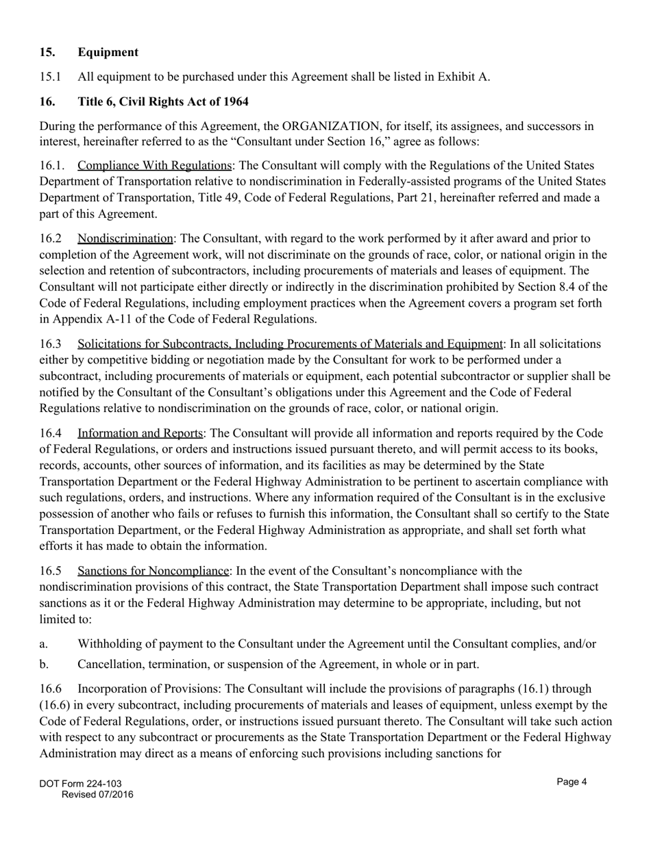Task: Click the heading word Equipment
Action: [x=108, y=52]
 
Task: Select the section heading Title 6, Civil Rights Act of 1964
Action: [x=162, y=101]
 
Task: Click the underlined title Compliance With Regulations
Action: [x=154, y=166]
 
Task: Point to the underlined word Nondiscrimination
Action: [x=125, y=238]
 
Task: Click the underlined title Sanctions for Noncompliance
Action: [x=153, y=571]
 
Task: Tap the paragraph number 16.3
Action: [x=50, y=344]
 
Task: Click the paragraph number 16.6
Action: [x=50, y=689]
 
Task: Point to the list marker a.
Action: [x=44, y=643]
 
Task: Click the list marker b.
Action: [x=44, y=664]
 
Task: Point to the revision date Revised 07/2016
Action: [x=97, y=795]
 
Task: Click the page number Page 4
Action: [x=572, y=782]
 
